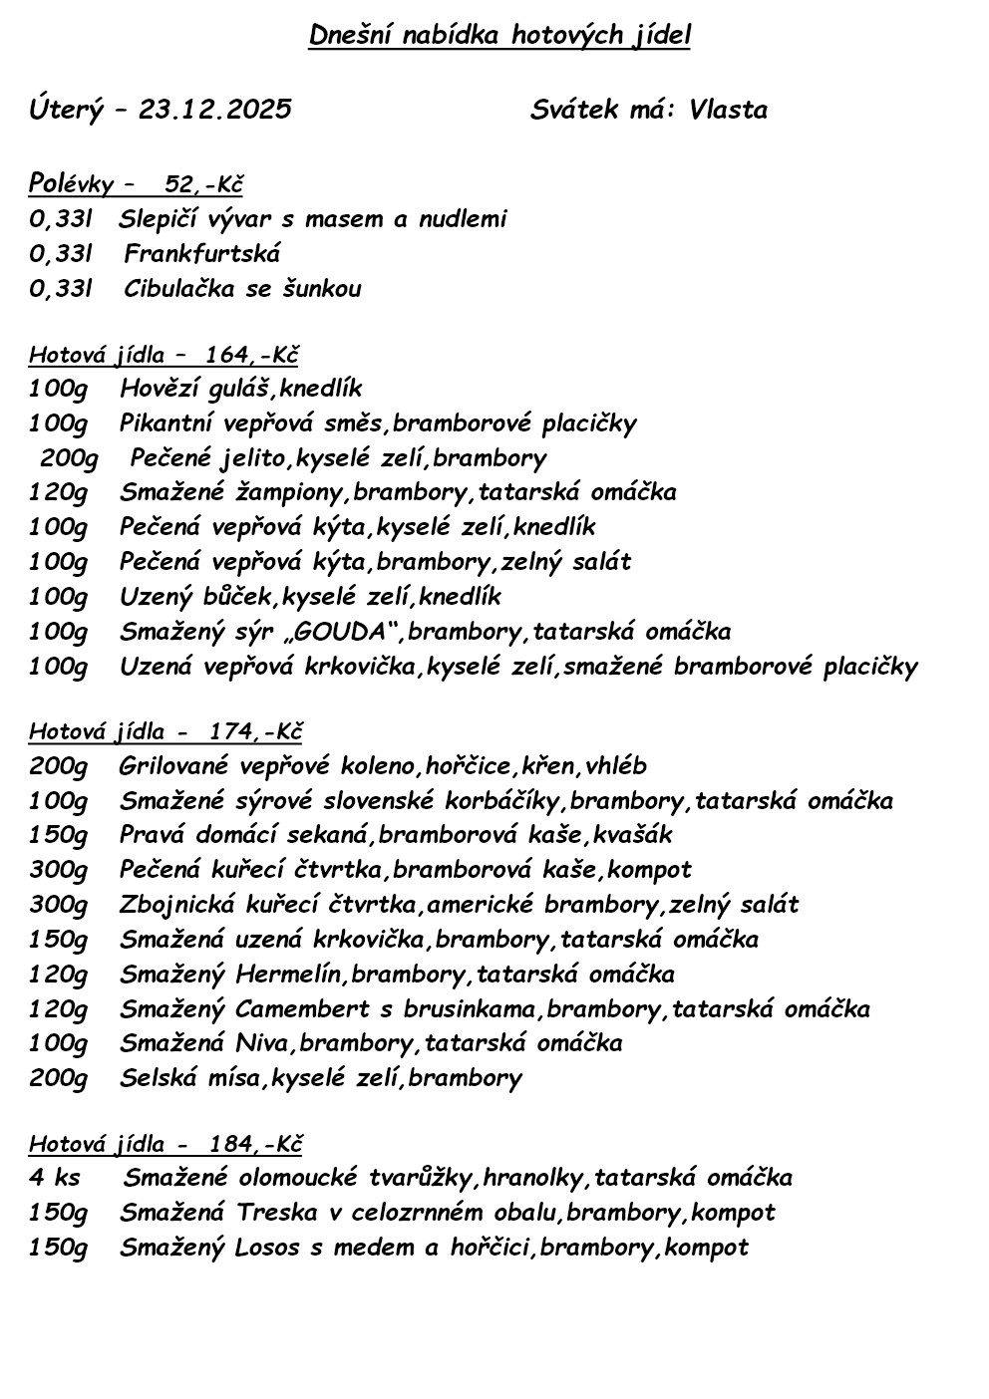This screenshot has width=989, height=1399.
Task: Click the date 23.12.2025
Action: coord(215,110)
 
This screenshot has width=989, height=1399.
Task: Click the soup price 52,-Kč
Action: coord(204,184)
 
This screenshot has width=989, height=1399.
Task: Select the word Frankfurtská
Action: coord(202,254)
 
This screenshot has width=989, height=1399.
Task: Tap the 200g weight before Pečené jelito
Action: coord(69,458)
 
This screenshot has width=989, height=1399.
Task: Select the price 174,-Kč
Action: coord(255,732)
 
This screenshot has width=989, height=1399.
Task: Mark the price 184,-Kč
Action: coord(255,1143)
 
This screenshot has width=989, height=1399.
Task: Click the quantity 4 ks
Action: coord(54,1178)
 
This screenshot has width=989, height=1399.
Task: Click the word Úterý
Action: coord(66,110)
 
